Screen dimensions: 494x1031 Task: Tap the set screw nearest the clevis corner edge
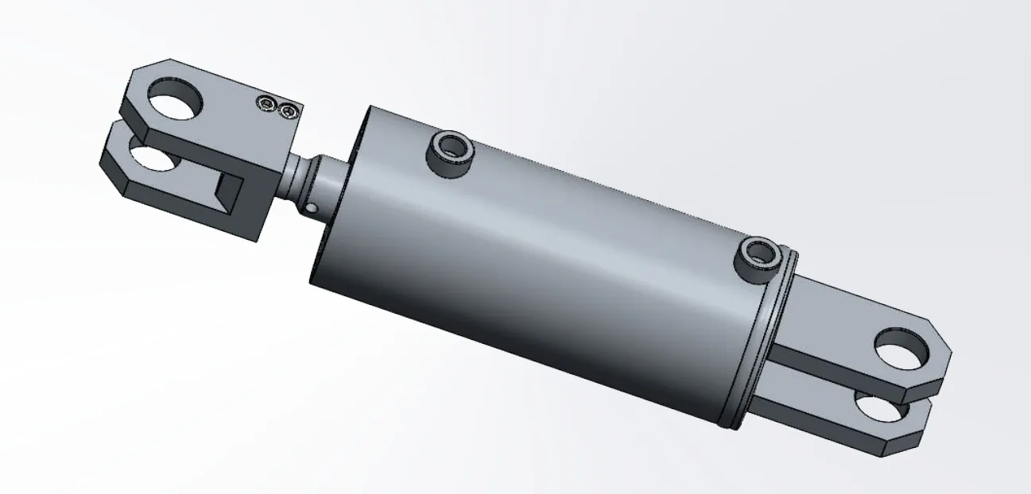coord(288,112)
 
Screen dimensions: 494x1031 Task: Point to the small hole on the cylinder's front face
coord(312,209)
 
